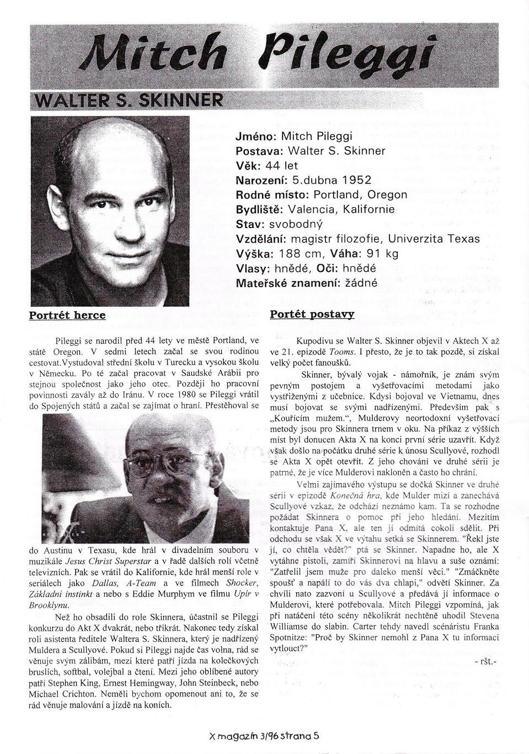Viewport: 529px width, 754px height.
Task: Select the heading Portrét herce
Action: coord(67,315)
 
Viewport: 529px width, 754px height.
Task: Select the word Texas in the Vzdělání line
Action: coord(463,239)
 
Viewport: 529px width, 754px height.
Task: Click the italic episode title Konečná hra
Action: coord(354,497)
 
